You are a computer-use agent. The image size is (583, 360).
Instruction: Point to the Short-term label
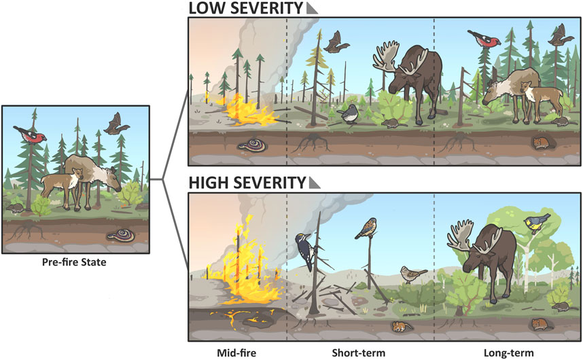pyautogui.click(x=359, y=353)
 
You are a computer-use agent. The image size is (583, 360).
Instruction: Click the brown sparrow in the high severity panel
pyautogui.click(x=414, y=274)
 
